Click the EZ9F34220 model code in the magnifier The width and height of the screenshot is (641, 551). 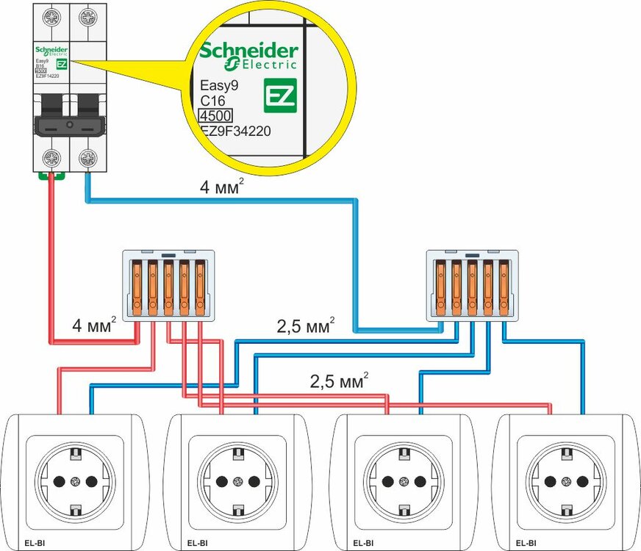click(235, 131)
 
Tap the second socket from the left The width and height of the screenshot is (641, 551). click(237, 482)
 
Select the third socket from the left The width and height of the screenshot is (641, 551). click(403, 482)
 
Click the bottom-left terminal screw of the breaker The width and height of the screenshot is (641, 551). click(52, 156)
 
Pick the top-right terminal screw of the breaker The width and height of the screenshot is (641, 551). click(88, 15)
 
